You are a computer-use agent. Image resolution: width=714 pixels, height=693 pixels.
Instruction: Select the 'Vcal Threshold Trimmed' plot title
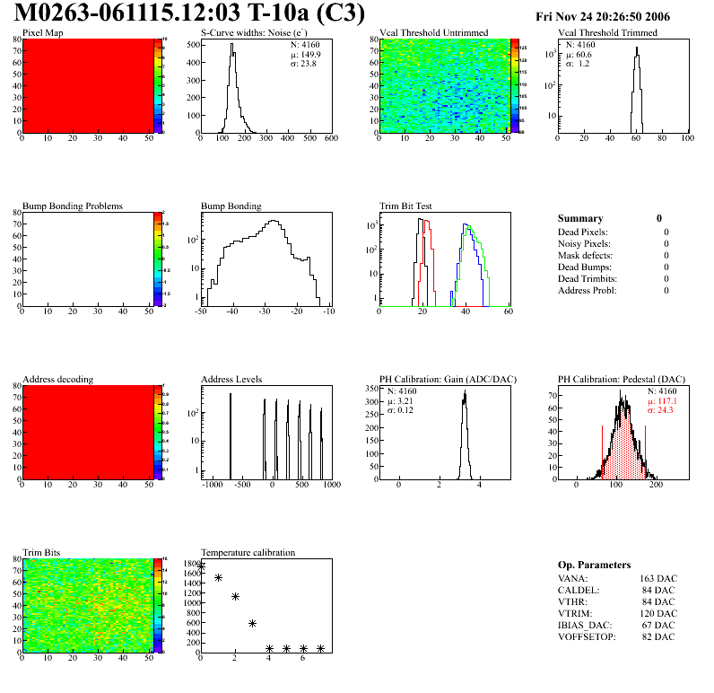click(607, 32)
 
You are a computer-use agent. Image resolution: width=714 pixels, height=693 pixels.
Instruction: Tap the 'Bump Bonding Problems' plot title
click(73, 206)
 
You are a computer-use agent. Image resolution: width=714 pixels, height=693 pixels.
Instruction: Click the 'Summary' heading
click(580, 218)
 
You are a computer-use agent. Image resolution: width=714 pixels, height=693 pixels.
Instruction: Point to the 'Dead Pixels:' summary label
click(582, 232)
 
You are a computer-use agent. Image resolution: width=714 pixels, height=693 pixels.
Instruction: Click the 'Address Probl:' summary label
click(588, 290)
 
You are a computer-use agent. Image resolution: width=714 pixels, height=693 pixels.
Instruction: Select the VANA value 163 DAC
click(659, 579)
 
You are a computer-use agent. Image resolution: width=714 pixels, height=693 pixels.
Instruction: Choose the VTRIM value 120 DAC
click(659, 614)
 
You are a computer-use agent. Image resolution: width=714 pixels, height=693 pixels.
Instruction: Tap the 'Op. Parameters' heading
click(594, 565)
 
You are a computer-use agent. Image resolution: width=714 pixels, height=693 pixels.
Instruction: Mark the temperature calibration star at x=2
click(235, 596)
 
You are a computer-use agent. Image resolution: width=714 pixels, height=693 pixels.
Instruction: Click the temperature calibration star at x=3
click(252, 623)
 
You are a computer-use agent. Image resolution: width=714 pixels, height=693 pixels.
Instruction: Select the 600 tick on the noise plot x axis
click(330, 139)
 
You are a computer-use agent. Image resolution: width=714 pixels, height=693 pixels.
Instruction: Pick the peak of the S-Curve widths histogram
click(232, 46)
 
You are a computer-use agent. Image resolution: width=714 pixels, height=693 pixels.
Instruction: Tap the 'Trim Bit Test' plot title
click(406, 206)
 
